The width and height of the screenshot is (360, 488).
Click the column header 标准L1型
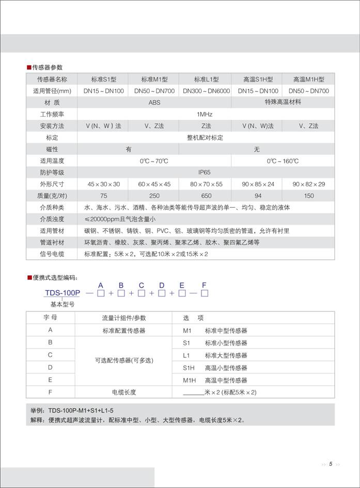pyautogui.click(x=206, y=80)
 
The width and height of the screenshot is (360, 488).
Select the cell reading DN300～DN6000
pyautogui.click(x=206, y=91)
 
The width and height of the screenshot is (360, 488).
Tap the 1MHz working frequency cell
pyautogui.click(x=205, y=114)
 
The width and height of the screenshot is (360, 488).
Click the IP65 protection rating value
pyautogui.click(x=205, y=172)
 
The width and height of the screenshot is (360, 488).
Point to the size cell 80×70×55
pyautogui.click(x=206, y=184)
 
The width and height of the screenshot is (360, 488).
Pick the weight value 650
pyautogui.click(x=206, y=196)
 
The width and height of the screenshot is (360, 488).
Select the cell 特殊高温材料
pyautogui.click(x=283, y=102)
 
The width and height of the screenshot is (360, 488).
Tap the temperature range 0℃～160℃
pyautogui.click(x=283, y=161)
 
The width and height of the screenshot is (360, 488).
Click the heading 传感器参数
pyautogui.click(x=48, y=68)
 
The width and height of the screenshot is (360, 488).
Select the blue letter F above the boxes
pyautogui.click(x=204, y=285)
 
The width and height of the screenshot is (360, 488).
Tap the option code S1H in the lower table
pyautogui.click(x=189, y=368)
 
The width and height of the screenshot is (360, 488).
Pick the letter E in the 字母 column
pyautogui.click(x=50, y=380)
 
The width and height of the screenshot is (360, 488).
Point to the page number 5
pyautogui.click(x=330, y=464)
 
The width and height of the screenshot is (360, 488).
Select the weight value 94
pyautogui.click(x=258, y=196)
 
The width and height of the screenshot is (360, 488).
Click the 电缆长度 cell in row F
pyautogui.click(x=124, y=392)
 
